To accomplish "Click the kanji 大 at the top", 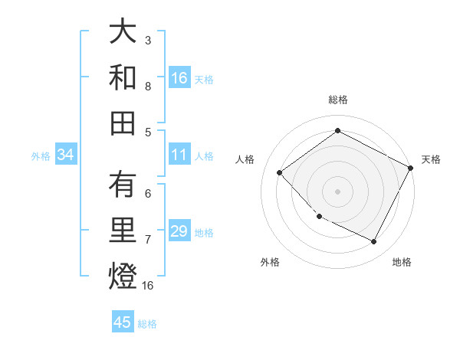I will click(x=123, y=32).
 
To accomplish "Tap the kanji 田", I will click(x=123, y=122).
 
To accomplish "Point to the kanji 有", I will click(x=123, y=185).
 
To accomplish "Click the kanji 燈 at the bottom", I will click(x=123, y=275).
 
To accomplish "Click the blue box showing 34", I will click(x=66, y=155).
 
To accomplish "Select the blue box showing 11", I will click(x=179, y=155).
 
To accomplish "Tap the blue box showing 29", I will click(x=179, y=231).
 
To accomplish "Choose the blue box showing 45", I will click(x=123, y=322).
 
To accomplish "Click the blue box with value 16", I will click(x=179, y=78).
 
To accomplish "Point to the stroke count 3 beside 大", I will click(x=148, y=39).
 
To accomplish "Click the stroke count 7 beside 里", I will click(x=148, y=239).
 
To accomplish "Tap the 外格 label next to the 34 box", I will click(x=40, y=156).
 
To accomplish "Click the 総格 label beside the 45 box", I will click(x=147, y=324).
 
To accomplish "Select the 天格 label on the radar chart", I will click(x=431, y=159).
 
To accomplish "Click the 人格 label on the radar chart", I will click(x=245, y=159).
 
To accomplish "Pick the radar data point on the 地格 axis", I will click(x=374, y=241).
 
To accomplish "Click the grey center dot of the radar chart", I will click(x=337, y=191).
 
